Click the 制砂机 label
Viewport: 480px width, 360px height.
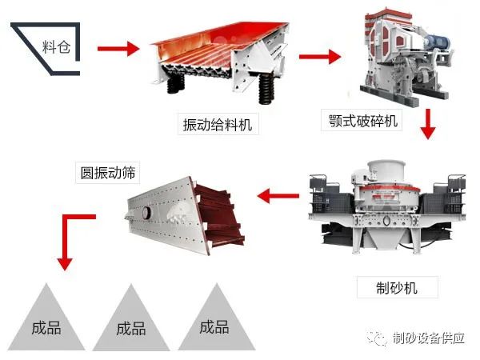(398, 286)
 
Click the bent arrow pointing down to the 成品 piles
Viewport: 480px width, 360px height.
(72, 236)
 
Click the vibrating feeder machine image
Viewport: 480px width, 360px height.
(218, 60)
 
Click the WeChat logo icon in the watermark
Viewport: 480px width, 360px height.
(377, 341)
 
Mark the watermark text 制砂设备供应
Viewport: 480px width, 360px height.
(430, 340)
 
